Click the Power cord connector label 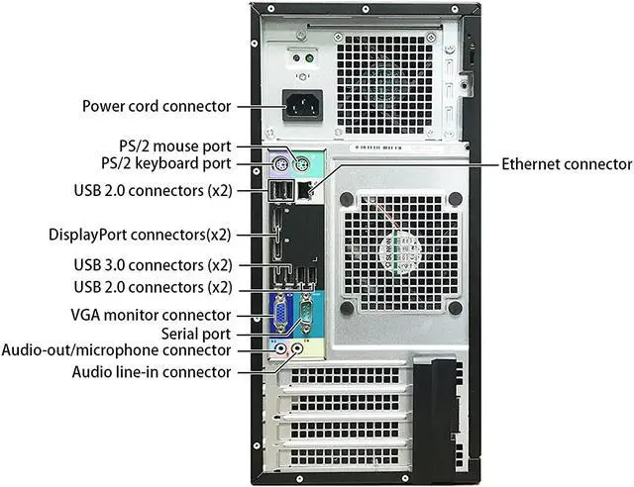click(x=157, y=106)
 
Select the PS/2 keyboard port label click(x=166, y=162)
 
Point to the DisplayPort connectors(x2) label click(x=140, y=235)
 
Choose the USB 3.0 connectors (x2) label click(x=153, y=265)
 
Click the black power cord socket click(x=306, y=105)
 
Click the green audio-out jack click(x=280, y=347)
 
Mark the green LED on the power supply click(x=310, y=57)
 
